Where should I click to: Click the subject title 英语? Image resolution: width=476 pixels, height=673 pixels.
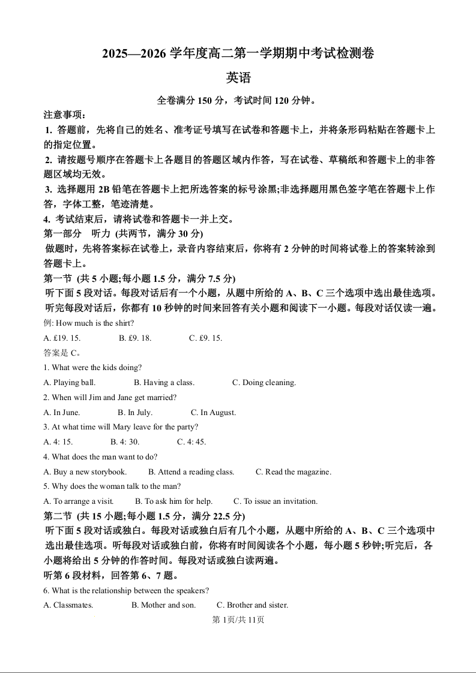click(x=238, y=78)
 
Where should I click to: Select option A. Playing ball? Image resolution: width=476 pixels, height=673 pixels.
click(x=70, y=383)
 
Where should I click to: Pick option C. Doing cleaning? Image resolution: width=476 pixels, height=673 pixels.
click(x=264, y=383)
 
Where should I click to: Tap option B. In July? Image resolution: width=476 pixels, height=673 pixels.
click(x=135, y=413)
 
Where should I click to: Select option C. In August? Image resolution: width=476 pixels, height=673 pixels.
click(x=214, y=413)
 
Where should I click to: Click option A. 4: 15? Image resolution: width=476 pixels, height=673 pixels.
click(x=58, y=442)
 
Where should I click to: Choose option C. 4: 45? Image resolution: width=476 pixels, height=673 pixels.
click(x=191, y=442)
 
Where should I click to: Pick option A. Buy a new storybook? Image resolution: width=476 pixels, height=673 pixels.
click(x=85, y=472)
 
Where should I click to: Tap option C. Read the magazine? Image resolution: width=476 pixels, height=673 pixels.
click(x=294, y=472)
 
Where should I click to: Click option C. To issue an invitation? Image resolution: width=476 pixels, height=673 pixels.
click(x=276, y=501)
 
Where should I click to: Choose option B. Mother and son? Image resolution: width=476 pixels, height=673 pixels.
click(x=164, y=605)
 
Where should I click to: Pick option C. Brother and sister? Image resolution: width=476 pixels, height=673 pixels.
click(x=252, y=605)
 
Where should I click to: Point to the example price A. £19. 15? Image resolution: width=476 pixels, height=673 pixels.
click(x=62, y=338)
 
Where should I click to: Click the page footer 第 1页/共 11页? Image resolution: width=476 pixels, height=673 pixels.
click(x=238, y=620)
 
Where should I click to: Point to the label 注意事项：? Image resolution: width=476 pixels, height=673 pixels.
click(x=65, y=115)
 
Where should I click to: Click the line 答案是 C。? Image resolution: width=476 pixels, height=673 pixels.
click(x=62, y=353)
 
